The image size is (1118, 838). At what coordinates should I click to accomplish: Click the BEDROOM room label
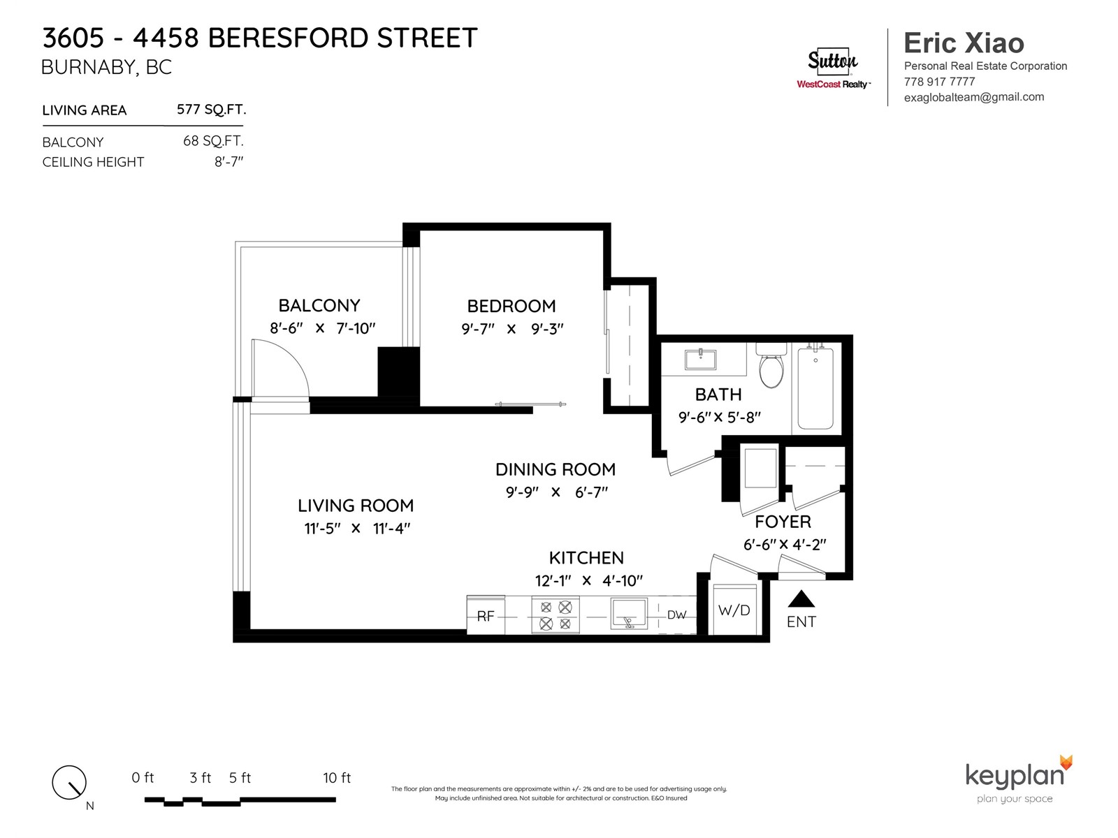511,306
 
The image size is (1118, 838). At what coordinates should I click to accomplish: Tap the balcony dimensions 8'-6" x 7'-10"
322,328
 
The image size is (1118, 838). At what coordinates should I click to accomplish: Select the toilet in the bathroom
771,368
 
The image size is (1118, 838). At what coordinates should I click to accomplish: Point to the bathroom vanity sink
700,360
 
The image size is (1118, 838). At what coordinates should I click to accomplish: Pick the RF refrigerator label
485,616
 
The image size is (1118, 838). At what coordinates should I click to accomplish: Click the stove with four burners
556,615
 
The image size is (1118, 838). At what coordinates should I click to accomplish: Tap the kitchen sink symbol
629,614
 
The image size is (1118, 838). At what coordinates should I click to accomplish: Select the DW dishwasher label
676,615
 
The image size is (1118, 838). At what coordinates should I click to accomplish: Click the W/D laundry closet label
734,610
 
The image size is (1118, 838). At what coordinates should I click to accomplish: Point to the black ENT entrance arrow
801,599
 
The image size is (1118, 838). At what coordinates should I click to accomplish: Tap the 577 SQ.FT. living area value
211,110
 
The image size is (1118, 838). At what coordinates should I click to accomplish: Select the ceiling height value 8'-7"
228,162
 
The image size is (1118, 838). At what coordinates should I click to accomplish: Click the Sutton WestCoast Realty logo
833,68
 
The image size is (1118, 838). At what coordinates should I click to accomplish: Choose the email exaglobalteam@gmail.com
973,97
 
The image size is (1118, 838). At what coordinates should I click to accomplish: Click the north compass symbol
69,782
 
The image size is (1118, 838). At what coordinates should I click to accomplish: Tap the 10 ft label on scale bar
336,778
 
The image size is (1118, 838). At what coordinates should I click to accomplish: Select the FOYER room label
783,522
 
